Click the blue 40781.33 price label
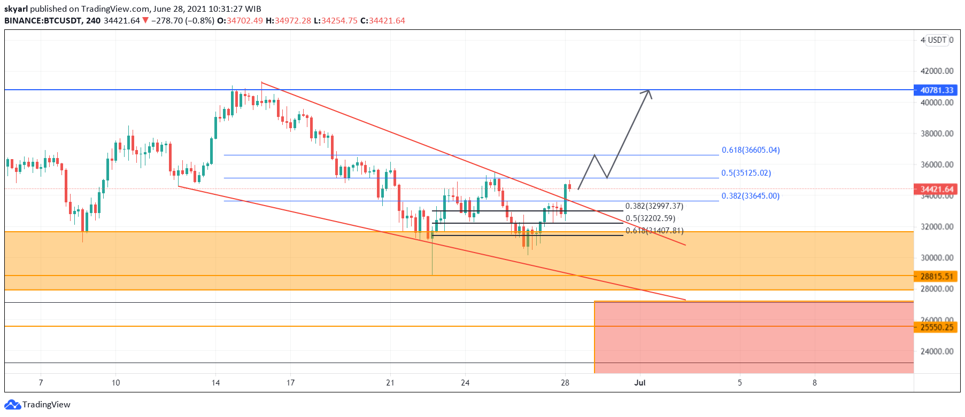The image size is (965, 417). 937,90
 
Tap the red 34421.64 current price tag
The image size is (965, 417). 937,189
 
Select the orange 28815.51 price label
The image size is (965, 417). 937,277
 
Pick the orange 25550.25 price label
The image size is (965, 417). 937,327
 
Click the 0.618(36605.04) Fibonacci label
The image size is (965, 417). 751,150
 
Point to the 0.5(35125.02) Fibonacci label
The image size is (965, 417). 746,173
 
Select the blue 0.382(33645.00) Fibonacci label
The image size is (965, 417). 750,196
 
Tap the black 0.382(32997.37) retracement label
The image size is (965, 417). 654,206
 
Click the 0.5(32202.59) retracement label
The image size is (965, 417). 650,218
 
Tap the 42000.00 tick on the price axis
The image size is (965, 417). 937,71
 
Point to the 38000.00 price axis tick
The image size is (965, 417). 937,133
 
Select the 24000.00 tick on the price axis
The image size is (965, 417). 937,351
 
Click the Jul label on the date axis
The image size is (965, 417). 639,383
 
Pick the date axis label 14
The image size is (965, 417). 215,383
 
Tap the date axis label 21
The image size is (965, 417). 390,383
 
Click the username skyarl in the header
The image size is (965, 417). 16,9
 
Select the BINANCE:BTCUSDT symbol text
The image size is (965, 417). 43,21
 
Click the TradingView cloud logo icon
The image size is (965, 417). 12,405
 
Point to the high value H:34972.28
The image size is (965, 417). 288,21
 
